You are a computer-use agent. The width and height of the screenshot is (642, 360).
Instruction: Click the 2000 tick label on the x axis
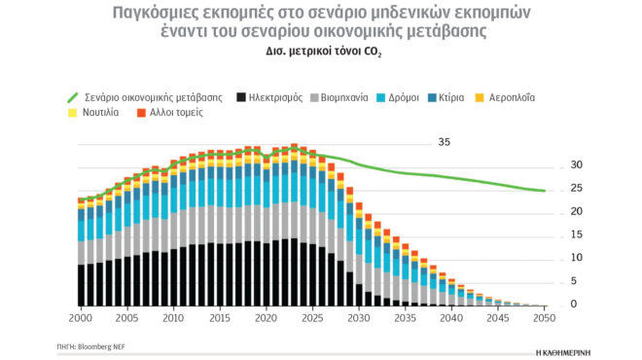81,318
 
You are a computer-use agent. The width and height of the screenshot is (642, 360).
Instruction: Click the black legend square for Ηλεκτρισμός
237,97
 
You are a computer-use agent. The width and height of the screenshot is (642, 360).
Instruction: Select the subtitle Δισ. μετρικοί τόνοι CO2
320,54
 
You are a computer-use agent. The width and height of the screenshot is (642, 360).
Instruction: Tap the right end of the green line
544,191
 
